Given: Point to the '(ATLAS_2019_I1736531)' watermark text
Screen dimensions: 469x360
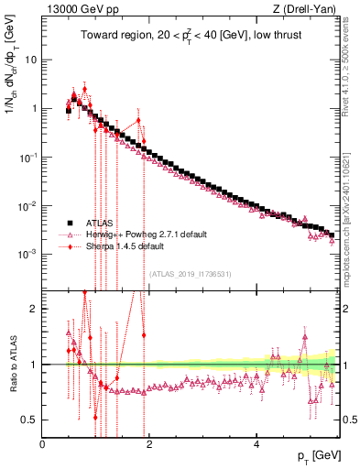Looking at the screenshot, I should click(190, 273).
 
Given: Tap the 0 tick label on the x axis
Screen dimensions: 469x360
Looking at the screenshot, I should click(43, 443).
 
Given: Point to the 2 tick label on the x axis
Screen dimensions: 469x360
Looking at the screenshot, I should click(150, 443).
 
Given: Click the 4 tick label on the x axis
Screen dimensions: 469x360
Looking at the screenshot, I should click(257, 443).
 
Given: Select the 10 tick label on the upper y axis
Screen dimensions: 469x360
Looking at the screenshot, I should click(31, 59).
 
